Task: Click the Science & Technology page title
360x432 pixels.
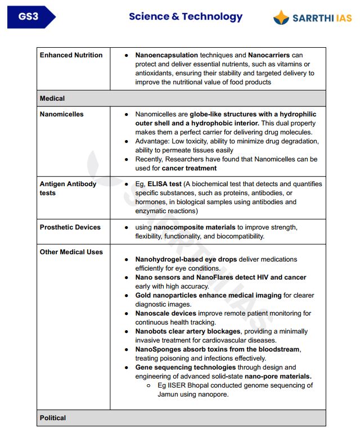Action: pyautogui.click(x=186, y=16)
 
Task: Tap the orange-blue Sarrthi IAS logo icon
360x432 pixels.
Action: pyautogui.click(x=281, y=18)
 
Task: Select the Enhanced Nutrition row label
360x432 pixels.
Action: pyautogui.click(x=71, y=55)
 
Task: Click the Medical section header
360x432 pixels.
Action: pyautogui.click(x=52, y=98)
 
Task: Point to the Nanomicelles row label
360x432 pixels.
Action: pyautogui.click(x=61, y=114)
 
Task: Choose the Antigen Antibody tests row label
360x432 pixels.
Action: pyautogui.click(x=68, y=188)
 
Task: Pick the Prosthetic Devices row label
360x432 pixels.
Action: pyautogui.click(x=70, y=227)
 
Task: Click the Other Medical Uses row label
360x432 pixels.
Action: pyautogui.click(x=71, y=252)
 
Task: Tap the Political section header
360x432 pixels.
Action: pyautogui.click(x=53, y=418)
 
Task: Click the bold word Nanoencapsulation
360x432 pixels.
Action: pyautogui.click(x=166, y=55)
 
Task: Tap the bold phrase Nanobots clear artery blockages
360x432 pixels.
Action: pyautogui.click(x=187, y=331)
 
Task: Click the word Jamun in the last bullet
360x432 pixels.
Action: pyautogui.click(x=168, y=394)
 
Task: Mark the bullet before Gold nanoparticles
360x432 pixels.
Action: pyautogui.click(x=127, y=295)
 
